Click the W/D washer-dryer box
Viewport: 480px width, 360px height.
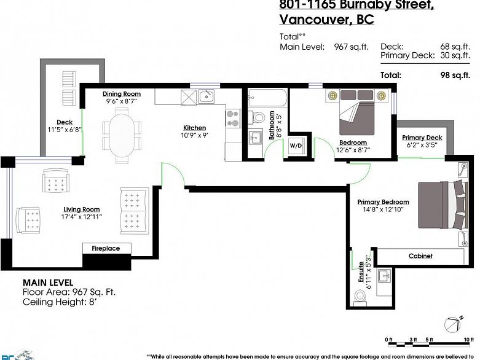coord(296,146)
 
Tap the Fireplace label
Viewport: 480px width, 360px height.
coord(106,248)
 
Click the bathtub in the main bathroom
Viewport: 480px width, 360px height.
coord(267,98)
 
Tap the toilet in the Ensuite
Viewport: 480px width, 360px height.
coord(360,297)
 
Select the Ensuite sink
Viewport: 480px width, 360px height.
coord(384,275)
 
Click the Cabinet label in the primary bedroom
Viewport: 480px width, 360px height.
coord(420,256)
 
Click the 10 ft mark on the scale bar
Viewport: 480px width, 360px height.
coord(469,340)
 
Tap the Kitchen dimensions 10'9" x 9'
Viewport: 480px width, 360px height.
coord(194,135)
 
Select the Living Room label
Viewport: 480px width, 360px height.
coord(81,209)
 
